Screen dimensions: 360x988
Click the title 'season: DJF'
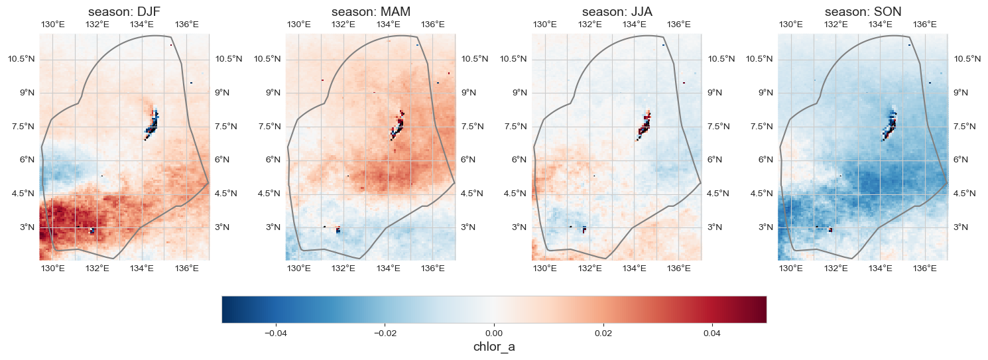tap(124, 12)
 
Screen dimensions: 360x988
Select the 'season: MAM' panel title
tap(371, 12)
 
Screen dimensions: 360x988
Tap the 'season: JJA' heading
tap(617, 12)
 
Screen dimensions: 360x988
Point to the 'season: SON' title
tap(863, 12)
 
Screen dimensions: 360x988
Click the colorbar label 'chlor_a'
tap(494, 347)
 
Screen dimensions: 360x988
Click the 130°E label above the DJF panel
tap(53, 25)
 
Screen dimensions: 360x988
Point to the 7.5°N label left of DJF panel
tap(21, 127)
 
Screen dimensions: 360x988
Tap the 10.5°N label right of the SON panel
tap(967, 59)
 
